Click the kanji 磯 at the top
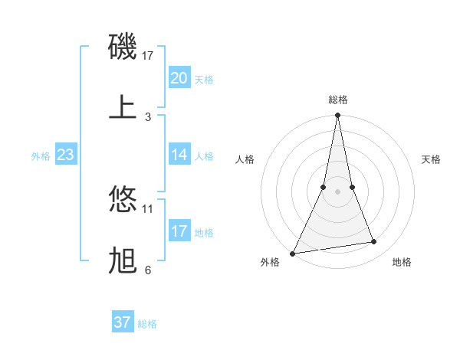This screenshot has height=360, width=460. [123, 48]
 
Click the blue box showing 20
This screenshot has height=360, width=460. [179, 78]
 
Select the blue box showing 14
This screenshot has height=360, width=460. [179, 155]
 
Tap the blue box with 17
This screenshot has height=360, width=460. [179, 231]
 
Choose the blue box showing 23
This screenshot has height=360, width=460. [65, 155]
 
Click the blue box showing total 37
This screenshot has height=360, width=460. [122, 322]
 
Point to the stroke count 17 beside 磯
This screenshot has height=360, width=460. [148, 55]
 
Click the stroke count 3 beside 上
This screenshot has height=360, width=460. [148, 116]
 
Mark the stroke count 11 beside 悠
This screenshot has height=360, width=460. [148, 208]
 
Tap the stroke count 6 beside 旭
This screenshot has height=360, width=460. [148, 270]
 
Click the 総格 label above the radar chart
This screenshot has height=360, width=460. [337, 100]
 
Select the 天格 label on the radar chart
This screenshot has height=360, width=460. [431, 159]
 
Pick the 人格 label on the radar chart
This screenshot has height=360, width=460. [245, 159]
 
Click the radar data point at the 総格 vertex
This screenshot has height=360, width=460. [337, 116]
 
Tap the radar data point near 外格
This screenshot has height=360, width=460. [292, 254]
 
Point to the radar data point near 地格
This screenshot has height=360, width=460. [373, 242]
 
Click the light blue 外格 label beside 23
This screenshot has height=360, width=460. [41, 155]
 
